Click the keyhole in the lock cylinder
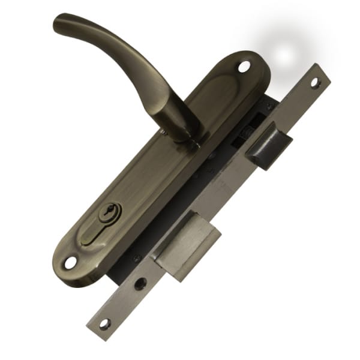[x=110, y=211]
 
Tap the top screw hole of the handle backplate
[x=244, y=67]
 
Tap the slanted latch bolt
[x=268, y=146]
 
